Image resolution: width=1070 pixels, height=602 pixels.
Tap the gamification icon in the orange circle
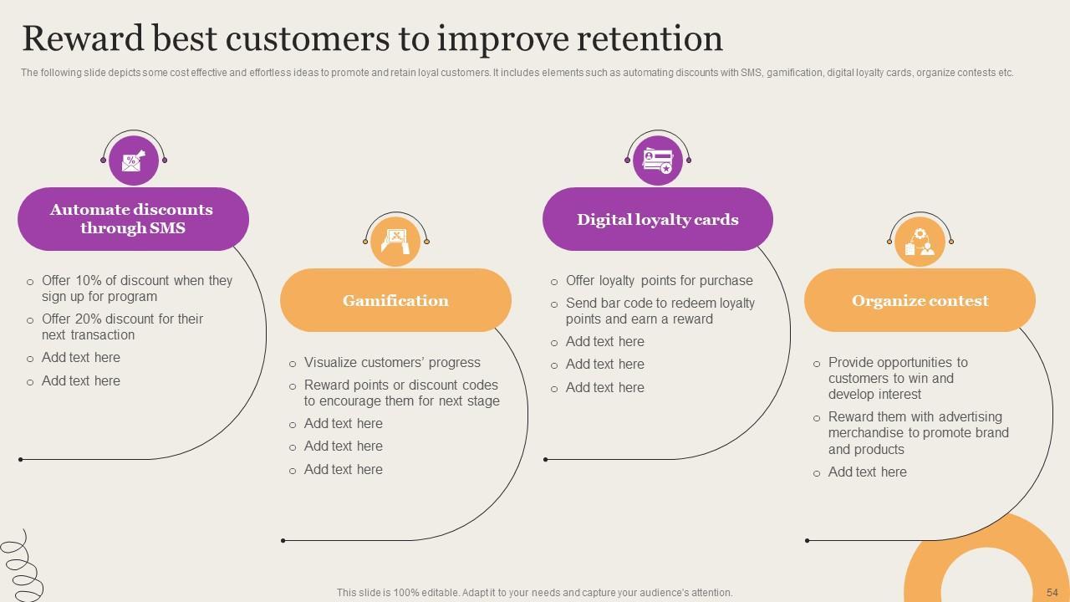(395, 241)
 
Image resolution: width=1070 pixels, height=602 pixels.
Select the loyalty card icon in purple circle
(657, 160)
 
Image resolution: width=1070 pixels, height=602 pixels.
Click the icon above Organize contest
(920, 241)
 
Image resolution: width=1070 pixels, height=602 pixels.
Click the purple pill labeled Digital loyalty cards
(657, 219)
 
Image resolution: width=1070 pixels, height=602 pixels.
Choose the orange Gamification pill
(395, 300)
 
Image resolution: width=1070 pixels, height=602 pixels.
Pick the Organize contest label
(920, 300)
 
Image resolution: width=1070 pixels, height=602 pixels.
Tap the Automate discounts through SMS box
(133, 219)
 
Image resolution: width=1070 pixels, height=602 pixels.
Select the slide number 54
(1052, 592)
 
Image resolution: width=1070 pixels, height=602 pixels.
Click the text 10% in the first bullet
(89, 281)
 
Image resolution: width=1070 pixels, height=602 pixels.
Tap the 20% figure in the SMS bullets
(89, 319)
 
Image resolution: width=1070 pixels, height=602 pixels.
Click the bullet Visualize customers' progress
(392, 363)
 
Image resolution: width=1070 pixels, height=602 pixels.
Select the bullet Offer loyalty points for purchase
(659, 281)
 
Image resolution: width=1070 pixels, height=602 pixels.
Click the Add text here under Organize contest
(867, 472)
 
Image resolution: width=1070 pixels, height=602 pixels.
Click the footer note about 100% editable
(534, 592)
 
